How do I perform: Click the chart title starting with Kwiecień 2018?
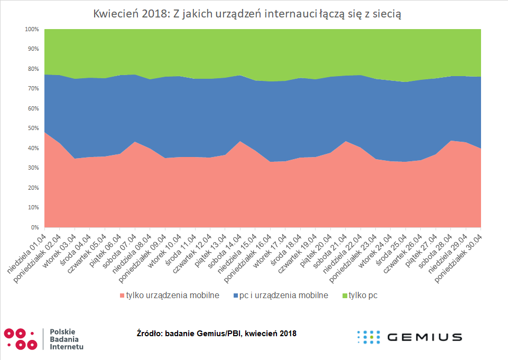pos(247,14)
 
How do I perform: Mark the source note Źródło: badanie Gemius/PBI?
pos(216,334)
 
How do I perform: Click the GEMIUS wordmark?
pos(424,337)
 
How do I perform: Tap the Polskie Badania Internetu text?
pos(66,339)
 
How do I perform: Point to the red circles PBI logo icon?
pos(21,339)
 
